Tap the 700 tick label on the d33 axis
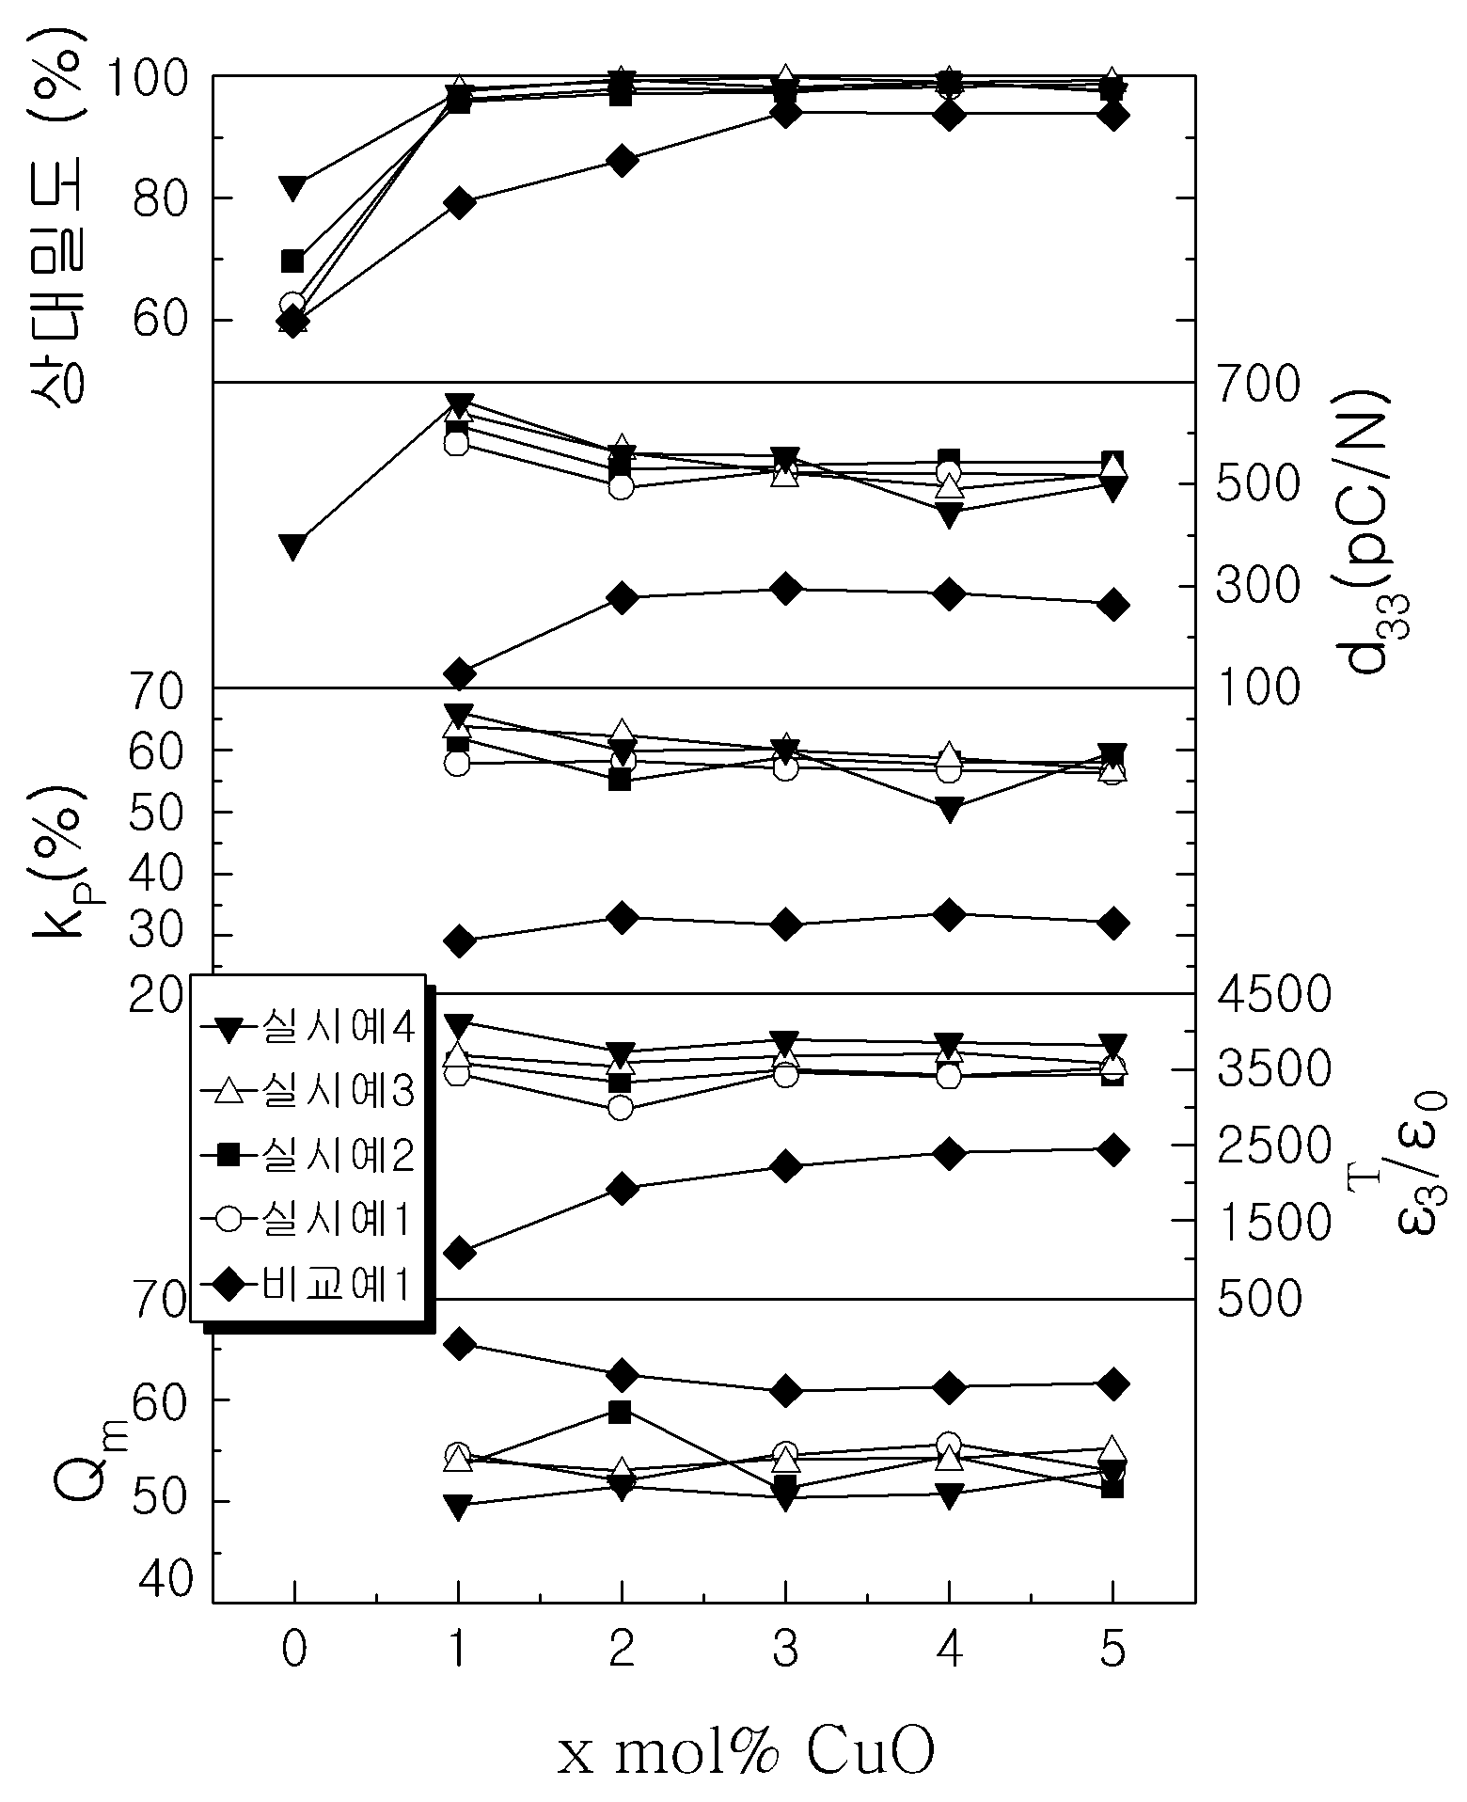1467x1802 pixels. pos(1257,384)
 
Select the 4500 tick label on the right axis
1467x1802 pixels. pos(1273,994)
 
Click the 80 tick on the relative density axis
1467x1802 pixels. pos(158,198)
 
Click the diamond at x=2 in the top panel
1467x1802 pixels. pos(622,160)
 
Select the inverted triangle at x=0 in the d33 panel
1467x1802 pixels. pos(292,546)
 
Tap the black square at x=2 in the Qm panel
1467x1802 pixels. pos(620,1412)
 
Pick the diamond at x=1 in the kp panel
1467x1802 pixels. pos(459,941)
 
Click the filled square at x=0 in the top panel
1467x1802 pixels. pos(292,261)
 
